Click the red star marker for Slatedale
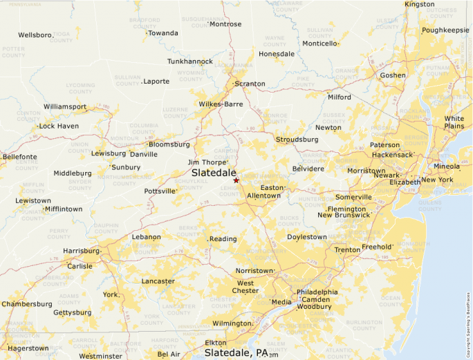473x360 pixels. [x=236, y=180]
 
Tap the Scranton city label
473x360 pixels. [x=250, y=84]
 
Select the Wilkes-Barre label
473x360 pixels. [x=221, y=104]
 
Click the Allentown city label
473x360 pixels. [x=263, y=196]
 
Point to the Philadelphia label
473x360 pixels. [x=317, y=292]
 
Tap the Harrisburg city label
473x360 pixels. [x=81, y=250]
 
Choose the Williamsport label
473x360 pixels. [x=65, y=106]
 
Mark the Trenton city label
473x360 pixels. [x=347, y=249]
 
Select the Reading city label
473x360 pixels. [x=223, y=239]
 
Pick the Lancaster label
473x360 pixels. [x=158, y=281]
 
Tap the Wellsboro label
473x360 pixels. [x=35, y=35]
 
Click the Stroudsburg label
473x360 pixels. [x=297, y=139]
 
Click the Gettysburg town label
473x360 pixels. [x=73, y=312]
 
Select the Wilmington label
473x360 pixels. [x=232, y=323]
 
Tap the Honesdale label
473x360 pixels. [x=277, y=54]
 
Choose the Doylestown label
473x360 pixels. [x=307, y=237]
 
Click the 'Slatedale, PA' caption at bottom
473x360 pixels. [x=236, y=352]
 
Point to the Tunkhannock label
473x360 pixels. [x=190, y=61]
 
